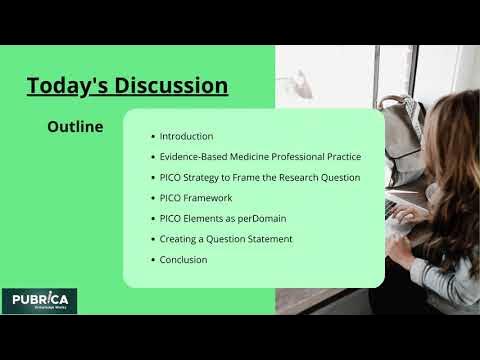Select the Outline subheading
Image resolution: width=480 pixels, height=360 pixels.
click(75, 127)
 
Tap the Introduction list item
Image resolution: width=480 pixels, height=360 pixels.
click(186, 136)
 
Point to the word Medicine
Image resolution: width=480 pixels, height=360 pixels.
click(254, 157)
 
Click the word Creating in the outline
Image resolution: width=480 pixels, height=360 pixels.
click(180, 239)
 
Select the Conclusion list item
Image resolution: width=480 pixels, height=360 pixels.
click(183, 260)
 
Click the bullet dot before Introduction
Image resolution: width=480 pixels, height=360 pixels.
click(151, 137)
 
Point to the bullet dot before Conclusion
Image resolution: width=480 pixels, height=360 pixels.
click(151, 260)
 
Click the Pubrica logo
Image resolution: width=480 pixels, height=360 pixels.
click(39, 301)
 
